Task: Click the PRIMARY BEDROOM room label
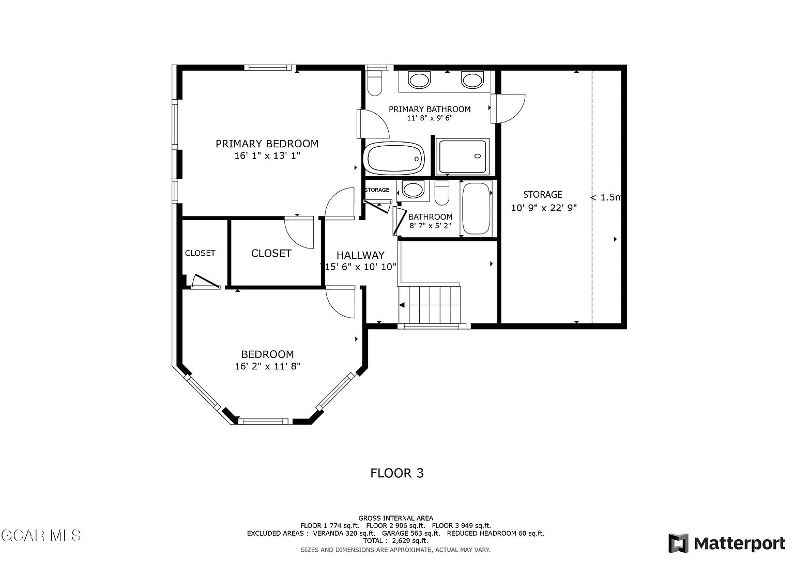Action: (x=267, y=144)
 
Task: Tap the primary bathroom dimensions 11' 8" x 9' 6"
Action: (x=430, y=118)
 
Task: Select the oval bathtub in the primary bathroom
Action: (x=394, y=158)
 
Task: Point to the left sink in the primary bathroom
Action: (x=419, y=80)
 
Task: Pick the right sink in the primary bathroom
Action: (x=472, y=80)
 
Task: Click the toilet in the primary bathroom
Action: (x=374, y=84)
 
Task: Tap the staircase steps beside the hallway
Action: (x=430, y=304)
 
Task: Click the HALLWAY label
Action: (x=360, y=255)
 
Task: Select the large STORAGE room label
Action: (x=543, y=195)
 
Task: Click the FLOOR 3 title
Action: (x=397, y=473)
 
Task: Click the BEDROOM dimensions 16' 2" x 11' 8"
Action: (x=267, y=366)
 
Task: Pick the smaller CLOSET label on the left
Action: (x=200, y=253)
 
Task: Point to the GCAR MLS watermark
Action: (x=41, y=535)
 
